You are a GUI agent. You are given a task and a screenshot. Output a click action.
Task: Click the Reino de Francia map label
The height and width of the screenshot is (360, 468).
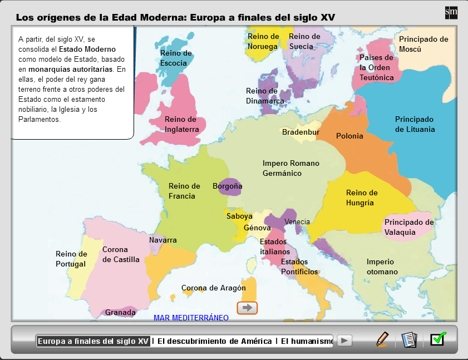click(x=184, y=191)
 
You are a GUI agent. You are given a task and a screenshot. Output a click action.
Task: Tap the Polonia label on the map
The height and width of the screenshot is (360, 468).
click(x=349, y=136)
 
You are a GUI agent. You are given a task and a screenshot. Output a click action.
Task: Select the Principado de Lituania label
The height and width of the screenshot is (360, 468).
click(x=415, y=124)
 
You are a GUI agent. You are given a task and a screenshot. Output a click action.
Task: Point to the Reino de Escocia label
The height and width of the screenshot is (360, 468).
click(x=176, y=58)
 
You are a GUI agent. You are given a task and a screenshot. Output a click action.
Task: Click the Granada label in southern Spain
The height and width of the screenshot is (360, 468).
click(x=120, y=313)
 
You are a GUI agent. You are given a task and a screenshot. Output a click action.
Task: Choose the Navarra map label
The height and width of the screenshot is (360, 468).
click(x=163, y=240)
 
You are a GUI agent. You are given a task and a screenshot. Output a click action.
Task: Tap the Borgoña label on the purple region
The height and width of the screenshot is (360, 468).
click(x=228, y=186)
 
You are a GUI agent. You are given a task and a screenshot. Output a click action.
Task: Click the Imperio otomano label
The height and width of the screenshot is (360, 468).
click(x=382, y=267)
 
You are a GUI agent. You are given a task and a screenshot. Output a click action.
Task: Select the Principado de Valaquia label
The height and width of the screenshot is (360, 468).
click(x=409, y=227)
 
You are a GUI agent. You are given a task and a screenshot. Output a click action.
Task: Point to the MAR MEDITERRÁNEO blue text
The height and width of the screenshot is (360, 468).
click(x=191, y=318)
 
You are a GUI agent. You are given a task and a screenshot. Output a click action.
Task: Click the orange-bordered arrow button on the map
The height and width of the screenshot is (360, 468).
click(x=247, y=307)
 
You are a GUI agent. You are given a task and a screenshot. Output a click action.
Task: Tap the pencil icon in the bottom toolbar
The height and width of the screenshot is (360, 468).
click(x=382, y=339)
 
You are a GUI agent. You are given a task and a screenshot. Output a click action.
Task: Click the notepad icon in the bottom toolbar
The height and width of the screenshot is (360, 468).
click(x=409, y=339)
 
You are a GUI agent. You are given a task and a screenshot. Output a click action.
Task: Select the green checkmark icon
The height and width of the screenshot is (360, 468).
click(x=438, y=338)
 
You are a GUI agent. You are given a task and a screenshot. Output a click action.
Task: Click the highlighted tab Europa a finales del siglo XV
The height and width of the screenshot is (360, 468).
click(x=93, y=341)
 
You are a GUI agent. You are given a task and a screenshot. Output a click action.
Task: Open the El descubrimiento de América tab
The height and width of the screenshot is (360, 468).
click(x=214, y=341)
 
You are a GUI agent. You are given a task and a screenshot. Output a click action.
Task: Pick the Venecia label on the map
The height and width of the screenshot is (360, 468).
click(x=297, y=222)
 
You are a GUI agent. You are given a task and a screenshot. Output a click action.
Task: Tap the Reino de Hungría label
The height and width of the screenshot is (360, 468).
click(x=362, y=198)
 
